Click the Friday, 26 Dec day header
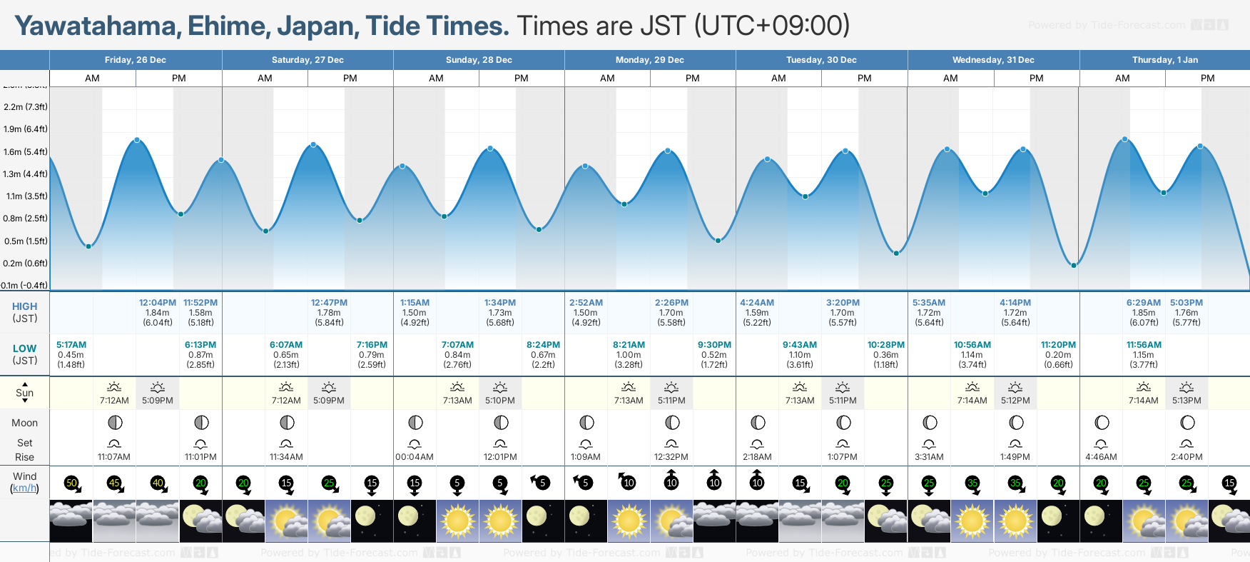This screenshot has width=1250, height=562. [136, 60]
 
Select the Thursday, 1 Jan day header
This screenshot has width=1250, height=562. [1164, 60]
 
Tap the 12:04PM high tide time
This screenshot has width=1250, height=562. [158, 303]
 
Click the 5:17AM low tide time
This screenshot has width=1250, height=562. [71, 345]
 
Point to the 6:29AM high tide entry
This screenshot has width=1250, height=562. [1143, 303]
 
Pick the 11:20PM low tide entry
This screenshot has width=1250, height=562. [1058, 345]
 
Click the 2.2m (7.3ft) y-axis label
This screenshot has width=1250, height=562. [26, 107]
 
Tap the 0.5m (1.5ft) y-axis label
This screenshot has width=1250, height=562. [26, 241]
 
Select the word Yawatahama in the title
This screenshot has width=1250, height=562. [96, 26]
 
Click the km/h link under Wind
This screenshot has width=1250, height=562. [24, 488]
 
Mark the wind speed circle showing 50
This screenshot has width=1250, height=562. [71, 483]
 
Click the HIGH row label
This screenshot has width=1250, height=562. [24, 306]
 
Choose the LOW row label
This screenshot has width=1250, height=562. [24, 348]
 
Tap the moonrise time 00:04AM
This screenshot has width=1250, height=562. [415, 457]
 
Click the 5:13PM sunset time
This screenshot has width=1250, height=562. [1187, 401]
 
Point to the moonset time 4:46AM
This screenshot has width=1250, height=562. [1101, 457]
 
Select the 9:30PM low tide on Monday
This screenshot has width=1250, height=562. [714, 345]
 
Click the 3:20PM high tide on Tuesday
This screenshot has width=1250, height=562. [843, 303]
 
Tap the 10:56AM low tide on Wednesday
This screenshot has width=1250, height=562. [972, 345]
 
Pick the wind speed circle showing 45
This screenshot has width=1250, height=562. [114, 483]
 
